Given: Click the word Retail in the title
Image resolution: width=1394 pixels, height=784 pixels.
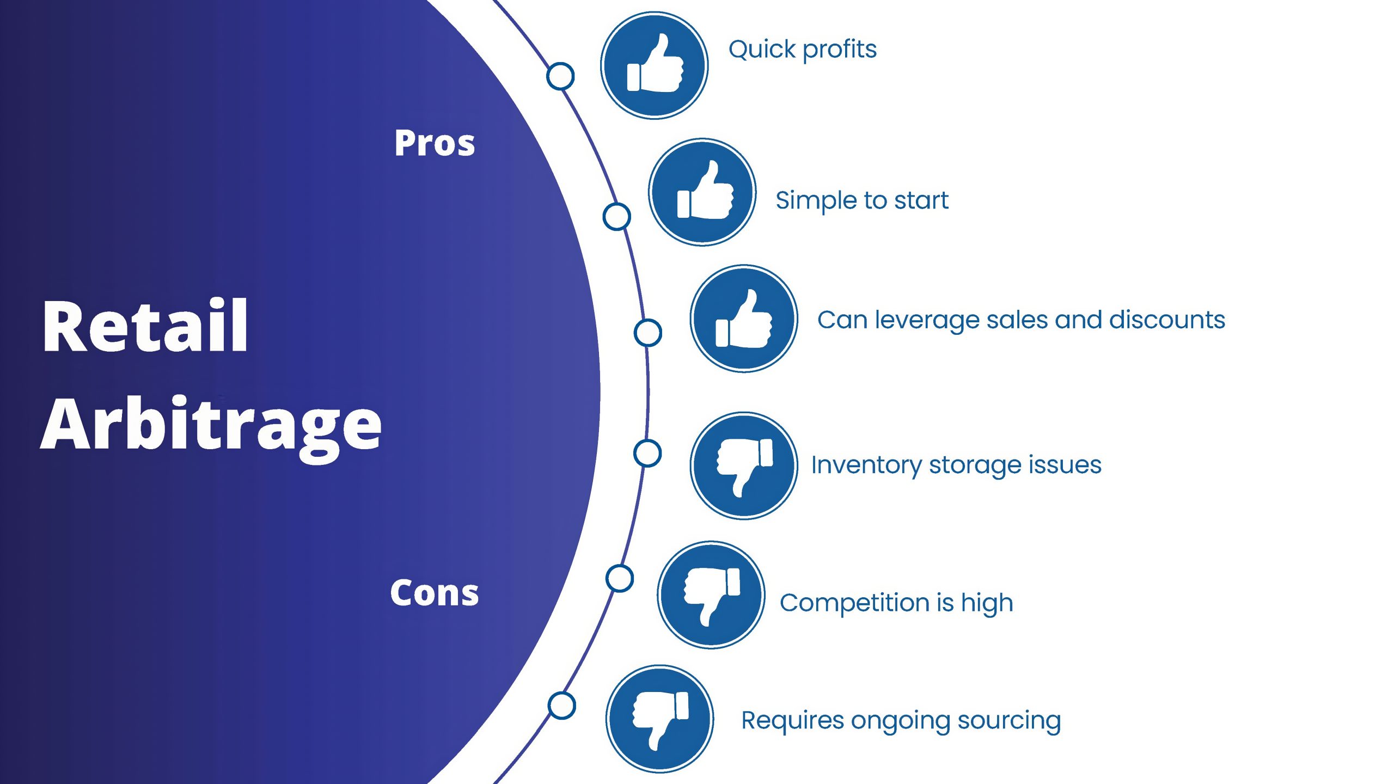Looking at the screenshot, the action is click(x=145, y=325).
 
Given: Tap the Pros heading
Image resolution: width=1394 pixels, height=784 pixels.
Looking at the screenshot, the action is click(x=435, y=143).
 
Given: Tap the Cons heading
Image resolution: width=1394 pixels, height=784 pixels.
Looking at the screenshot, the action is click(x=435, y=592).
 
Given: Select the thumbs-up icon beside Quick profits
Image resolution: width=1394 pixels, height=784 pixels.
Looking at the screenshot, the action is click(x=655, y=65).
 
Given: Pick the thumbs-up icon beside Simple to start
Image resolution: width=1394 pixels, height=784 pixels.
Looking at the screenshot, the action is click(x=702, y=192).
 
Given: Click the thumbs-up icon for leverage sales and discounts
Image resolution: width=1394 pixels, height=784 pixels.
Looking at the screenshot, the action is click(x=744, y=319).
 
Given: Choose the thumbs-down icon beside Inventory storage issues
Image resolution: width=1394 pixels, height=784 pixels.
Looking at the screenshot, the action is click(x=744, y=466).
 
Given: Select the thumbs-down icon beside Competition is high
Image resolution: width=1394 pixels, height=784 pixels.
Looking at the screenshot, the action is click(x=711, y=595).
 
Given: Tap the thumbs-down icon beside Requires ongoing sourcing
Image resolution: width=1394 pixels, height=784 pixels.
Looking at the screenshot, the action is click(x=660, y=719).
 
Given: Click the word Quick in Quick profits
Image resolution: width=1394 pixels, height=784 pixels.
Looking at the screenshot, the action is click(x=762, y=50).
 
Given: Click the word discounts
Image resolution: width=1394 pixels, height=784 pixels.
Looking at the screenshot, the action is click(x=1167, y=320).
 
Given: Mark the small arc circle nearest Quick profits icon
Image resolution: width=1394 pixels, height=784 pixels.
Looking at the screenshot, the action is click(x=560, y=76).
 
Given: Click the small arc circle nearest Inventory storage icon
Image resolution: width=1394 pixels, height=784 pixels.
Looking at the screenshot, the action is click(x=647, y=453).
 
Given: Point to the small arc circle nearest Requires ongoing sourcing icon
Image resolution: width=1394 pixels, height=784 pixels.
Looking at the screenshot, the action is click(x=561, y=706).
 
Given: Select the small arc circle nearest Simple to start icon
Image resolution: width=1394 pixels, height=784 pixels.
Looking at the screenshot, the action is click(x=616, y=216).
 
